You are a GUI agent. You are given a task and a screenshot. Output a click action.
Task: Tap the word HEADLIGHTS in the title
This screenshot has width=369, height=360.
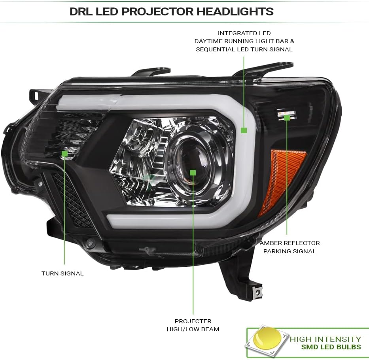click(x=235, y=11)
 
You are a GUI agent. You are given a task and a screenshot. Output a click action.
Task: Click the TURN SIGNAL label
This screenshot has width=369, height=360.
click(x=62, y=273)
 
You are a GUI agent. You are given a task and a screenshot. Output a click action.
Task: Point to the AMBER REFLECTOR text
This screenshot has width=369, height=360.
click(x=290, y=243)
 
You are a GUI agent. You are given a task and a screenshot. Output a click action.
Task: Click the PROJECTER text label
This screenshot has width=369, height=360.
click(x=193, y=321)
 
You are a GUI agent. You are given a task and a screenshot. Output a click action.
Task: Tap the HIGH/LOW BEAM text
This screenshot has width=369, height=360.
click(x=193, y=329)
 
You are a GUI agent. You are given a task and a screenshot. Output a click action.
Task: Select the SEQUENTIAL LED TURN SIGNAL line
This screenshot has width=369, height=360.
click(x=244, y=49)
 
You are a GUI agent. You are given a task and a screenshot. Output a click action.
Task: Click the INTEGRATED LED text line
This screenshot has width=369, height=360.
click(x=244, y=33)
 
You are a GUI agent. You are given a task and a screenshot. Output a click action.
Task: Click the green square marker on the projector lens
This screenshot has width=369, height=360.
click(x=193, y=173)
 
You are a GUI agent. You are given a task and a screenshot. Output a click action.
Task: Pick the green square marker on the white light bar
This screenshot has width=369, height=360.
click(x=244, y=130)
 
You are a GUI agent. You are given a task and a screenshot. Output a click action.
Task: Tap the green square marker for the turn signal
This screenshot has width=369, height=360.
click(x=64, y=154)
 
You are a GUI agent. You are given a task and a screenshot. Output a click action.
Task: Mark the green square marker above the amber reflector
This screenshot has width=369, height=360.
click(x=287, y=118)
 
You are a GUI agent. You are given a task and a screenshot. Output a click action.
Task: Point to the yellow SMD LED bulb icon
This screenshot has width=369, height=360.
click(x=267, y=338)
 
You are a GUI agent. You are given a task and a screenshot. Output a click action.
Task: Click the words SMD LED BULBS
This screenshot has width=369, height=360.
click(x=331, y=347)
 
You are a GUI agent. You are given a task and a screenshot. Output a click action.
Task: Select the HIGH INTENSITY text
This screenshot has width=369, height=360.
click(x=325, y=339)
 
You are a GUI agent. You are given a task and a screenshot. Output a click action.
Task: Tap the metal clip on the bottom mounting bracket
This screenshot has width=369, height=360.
click(x=258, y=292)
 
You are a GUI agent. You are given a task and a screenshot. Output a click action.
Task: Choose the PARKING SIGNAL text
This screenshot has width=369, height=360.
click(x=290, y=251)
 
